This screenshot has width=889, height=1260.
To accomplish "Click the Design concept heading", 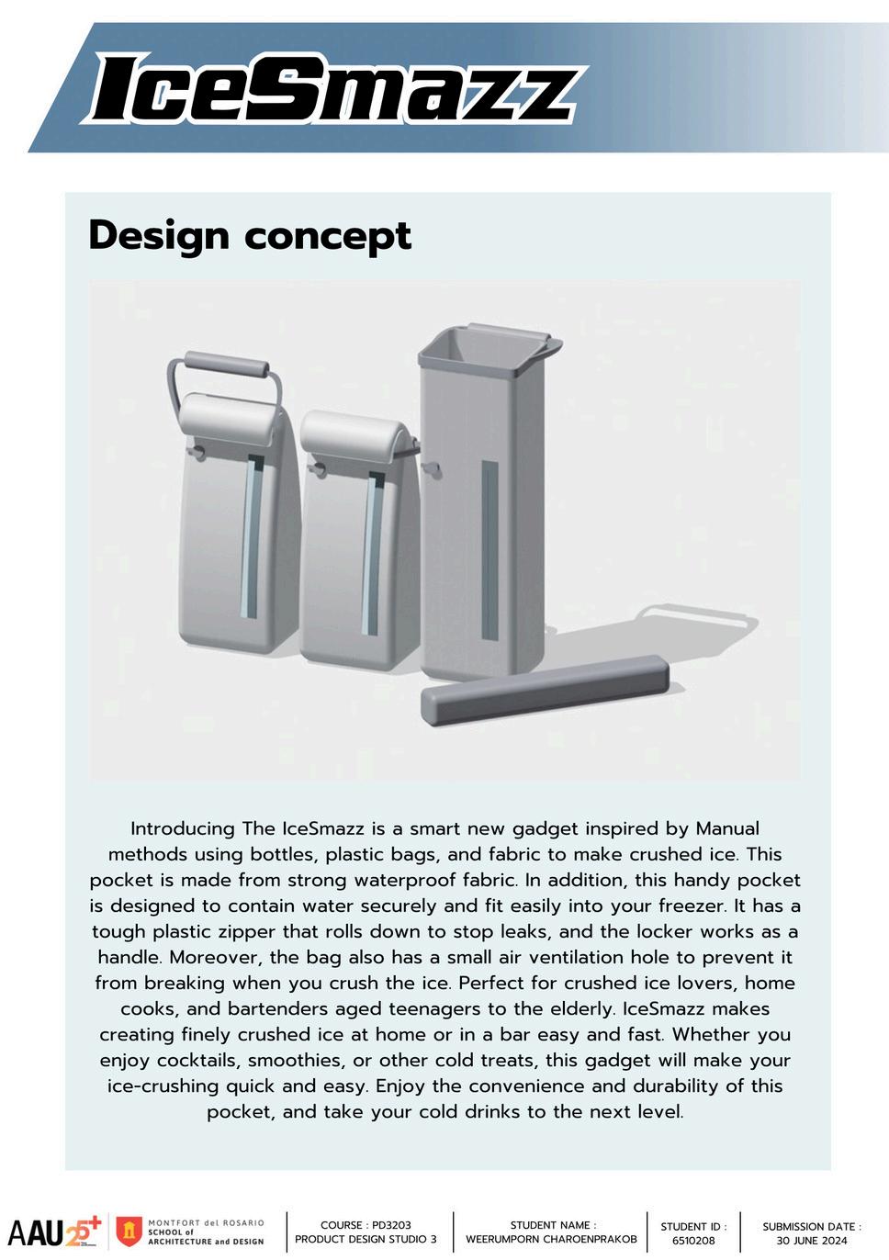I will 250,235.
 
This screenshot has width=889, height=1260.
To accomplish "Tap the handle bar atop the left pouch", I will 227,363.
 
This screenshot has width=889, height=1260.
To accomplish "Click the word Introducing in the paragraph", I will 184,828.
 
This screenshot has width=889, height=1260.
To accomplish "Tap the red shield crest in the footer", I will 129,1232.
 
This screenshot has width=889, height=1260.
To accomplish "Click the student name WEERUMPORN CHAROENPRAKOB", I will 551,1239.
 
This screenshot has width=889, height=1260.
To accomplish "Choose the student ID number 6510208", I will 693,1241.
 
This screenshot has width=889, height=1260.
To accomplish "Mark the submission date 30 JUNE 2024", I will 811,1241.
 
